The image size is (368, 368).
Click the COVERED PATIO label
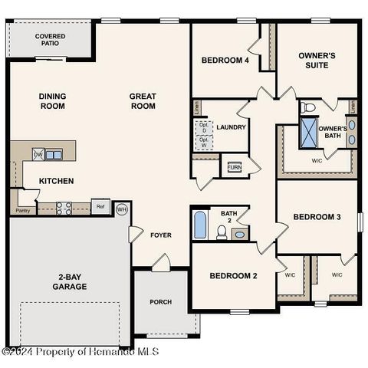[x=50, y=40]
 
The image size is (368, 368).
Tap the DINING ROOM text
[x=52, y=101]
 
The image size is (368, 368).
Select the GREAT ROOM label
[x=143, y=101]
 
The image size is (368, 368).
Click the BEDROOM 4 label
[x=225, y=61]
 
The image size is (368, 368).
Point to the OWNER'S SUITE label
[x=317, y=61]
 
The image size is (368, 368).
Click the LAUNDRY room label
[x=230, y=127]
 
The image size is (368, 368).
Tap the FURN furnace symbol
[x=234, y=166]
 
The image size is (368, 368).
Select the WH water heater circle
[x=121, y=209]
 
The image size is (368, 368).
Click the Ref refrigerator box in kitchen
[x=100, y=206]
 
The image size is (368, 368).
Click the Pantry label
[x=23, y=209]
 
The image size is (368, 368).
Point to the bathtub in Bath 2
[x=199, y=225]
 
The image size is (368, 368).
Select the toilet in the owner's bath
[x=307, y=107]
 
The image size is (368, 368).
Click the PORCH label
[x=161, y=301]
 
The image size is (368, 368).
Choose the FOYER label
[x=161, y=235]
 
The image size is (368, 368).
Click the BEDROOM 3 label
[x=317, y=217]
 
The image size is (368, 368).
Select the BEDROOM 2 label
[x=233, y=276]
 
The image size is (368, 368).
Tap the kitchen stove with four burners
[x=63, y=206]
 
